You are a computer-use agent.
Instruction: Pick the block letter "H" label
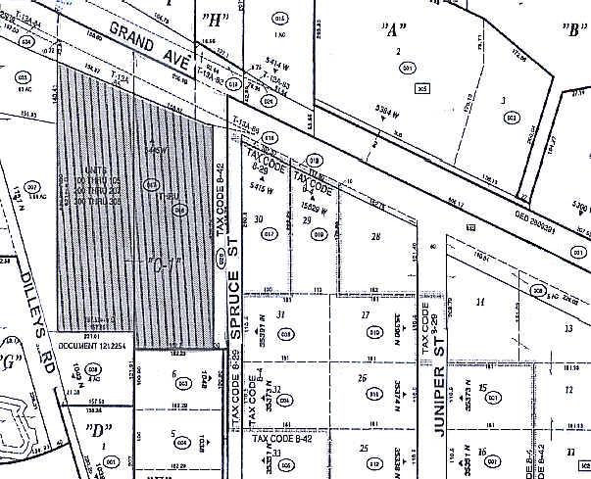pos(214,19)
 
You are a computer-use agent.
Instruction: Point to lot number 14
pos(480,302)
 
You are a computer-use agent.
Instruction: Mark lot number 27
pos(366,314)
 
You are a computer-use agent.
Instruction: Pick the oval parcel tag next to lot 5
pos(181,443)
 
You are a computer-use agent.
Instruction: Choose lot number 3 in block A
pos(503,100)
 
